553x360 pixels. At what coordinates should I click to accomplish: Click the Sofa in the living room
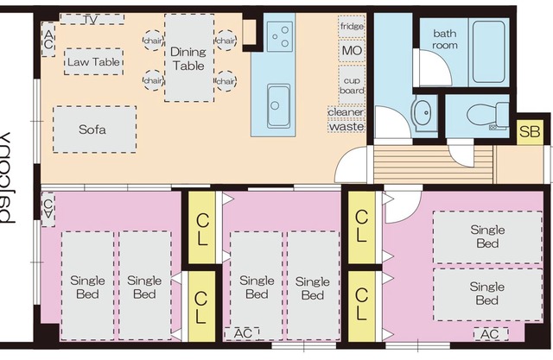(94, 129)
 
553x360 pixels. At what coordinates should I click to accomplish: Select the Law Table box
(92, 62)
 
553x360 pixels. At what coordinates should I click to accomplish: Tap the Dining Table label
(188, 59)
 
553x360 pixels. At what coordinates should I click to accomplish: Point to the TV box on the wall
(92, 19)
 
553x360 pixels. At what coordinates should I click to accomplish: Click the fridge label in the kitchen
(352, 27)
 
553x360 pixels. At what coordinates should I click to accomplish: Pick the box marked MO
(352, 51)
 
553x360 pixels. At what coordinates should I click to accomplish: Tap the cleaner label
(346, 111)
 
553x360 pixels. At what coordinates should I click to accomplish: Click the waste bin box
(346, 126)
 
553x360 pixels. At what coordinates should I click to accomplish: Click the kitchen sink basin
(278, 106)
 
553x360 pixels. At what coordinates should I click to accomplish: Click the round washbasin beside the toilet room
(423, 112)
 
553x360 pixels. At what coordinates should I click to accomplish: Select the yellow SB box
(528, 132)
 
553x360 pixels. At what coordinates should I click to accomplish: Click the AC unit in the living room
(48, 36)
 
